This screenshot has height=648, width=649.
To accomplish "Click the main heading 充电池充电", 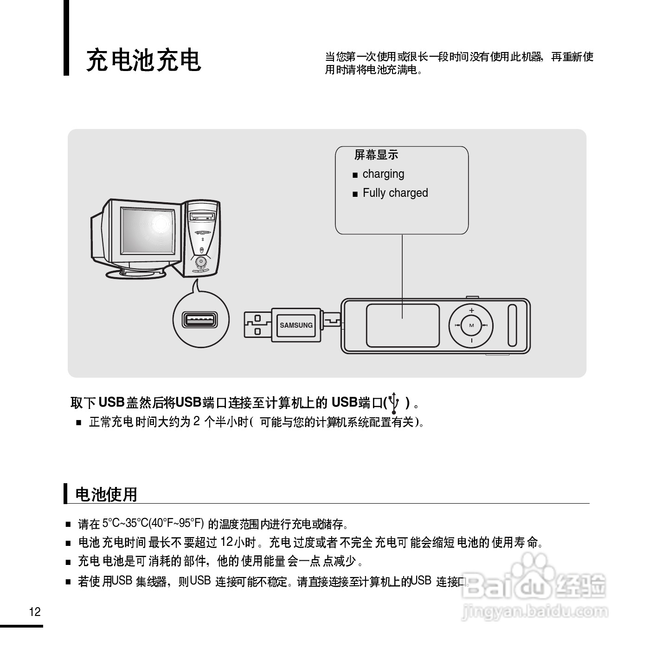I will [143, 60].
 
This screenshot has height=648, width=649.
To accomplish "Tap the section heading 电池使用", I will [106, 494].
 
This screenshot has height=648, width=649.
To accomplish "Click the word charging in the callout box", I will [383, 174].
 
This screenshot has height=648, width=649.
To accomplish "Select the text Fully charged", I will [395, 193].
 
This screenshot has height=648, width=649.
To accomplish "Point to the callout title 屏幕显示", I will [376, 155].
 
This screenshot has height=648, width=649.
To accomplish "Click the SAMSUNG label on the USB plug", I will [296, 325].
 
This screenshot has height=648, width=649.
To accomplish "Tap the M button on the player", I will [471, 325].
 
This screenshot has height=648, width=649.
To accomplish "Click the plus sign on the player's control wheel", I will [471, 311].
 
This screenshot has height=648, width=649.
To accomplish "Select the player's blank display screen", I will [403, 325].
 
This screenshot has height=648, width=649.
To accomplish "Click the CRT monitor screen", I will [148, 233].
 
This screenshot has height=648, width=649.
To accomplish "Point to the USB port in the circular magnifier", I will [200, 320].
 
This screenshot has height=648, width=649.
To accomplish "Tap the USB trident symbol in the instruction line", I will [394, 402].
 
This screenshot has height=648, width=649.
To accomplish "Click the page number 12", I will [35, 612].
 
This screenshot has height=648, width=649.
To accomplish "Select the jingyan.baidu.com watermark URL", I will [534, 611].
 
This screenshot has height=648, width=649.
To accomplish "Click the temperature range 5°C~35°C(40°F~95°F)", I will [153, 524].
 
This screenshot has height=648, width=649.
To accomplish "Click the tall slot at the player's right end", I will [512, 325].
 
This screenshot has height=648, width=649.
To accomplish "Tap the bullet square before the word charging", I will [355, 175].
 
